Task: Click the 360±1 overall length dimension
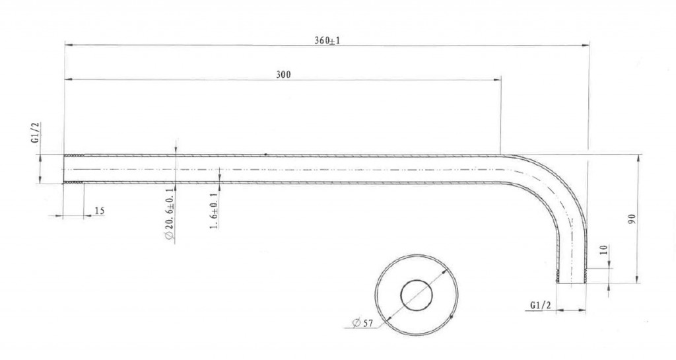[x=327, y=40]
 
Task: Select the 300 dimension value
[x=283, y=75]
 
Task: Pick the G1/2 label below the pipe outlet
[x=541, y=305]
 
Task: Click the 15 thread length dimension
[x=99, y=211]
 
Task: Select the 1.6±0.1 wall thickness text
[x=214, y=211]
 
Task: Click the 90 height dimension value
[x=632, y=219]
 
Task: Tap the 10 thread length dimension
[x=603, y=250]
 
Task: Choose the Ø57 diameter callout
[x=362, y=323]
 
